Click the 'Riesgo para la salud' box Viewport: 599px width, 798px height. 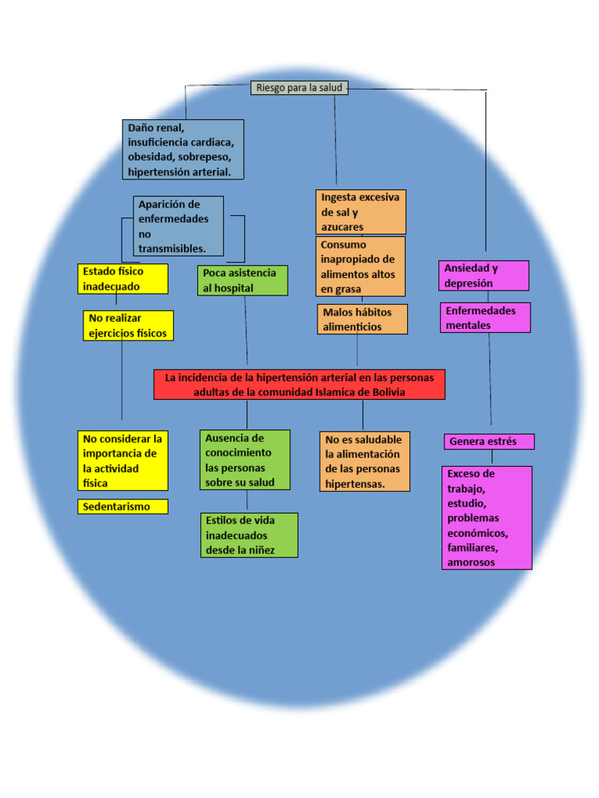[x=299, y=88]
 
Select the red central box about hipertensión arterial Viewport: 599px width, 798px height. [x=299, y=384]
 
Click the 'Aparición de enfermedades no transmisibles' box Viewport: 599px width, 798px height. [x=179, y=226]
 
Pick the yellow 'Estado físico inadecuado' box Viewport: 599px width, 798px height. [x=123, y=279]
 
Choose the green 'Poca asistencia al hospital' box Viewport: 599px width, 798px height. [x=243, y=281]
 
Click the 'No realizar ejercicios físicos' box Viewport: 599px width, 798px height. [x=129, y=326]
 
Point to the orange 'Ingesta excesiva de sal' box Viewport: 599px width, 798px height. [x=360, y=212]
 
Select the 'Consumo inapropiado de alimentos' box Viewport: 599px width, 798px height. [x=360, y=267]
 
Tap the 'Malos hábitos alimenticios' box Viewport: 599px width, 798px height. [x=362, y=320]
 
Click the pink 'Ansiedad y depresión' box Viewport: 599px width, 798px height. [x=484, y=276]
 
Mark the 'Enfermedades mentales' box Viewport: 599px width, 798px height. [x=485, y=318]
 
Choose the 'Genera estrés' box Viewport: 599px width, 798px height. [x=489, y=442]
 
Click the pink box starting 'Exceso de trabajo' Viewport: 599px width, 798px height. [x=487, y=517]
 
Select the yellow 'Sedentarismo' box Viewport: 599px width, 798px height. [x=123, y=507]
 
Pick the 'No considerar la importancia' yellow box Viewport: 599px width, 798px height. [x=123, y=461]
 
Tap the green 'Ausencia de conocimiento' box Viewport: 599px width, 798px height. [x=245, y=461]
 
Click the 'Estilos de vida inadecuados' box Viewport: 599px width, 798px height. [x=249, y=535]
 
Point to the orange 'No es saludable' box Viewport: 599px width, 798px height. [x=364, y=461]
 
